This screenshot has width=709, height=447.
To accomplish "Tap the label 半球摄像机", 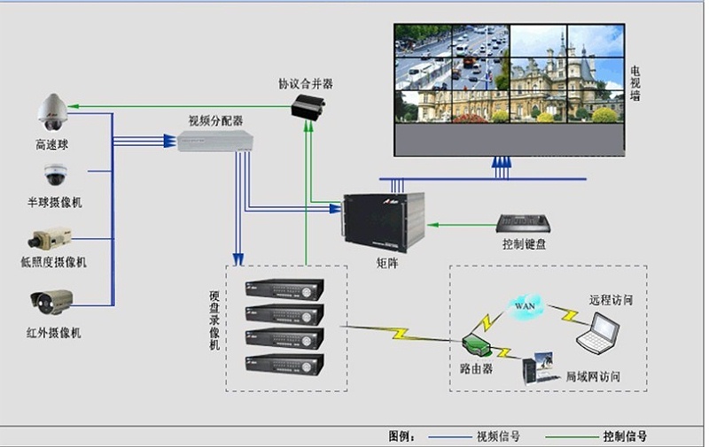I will (54, 203).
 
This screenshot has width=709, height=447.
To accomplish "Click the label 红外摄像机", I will (54, 333).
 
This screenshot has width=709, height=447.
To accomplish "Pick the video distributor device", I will (216, 140).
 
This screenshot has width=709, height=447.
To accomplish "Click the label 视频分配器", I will (215, 119).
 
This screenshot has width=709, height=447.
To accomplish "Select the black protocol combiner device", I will (308, 107).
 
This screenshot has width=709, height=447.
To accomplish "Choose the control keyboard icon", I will (524, 223).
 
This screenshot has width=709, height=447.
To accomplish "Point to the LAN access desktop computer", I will (540, 367).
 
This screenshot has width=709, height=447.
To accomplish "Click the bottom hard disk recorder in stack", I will (284, 362).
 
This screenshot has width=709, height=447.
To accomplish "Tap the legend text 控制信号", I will (624, 436).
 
